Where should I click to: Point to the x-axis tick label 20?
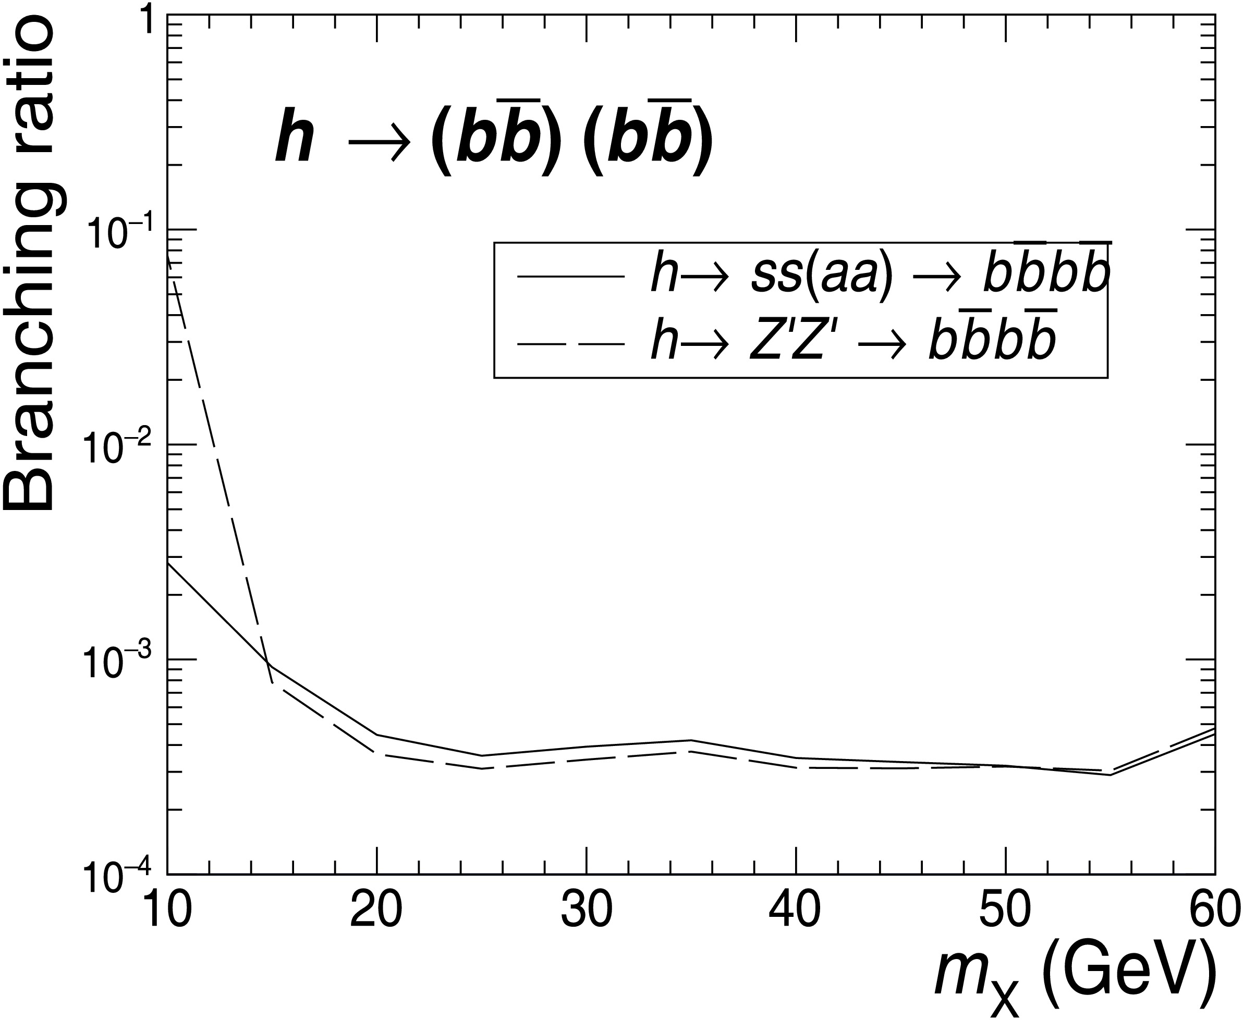pos(376,911)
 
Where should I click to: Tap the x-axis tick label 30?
pos(586,911)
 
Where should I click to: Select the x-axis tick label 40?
pos(796,911)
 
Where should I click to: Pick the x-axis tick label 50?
pos(1005,911)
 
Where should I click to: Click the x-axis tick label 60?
pos(1215,911)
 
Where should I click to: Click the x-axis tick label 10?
pos(167,911)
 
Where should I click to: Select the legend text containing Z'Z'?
pos(852,343)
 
